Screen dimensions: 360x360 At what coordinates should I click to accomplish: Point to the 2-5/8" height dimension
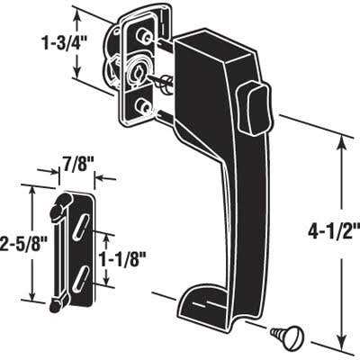[15, 243]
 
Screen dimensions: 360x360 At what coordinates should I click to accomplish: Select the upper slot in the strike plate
[82, 224]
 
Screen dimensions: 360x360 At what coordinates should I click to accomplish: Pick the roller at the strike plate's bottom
[58, 304]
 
